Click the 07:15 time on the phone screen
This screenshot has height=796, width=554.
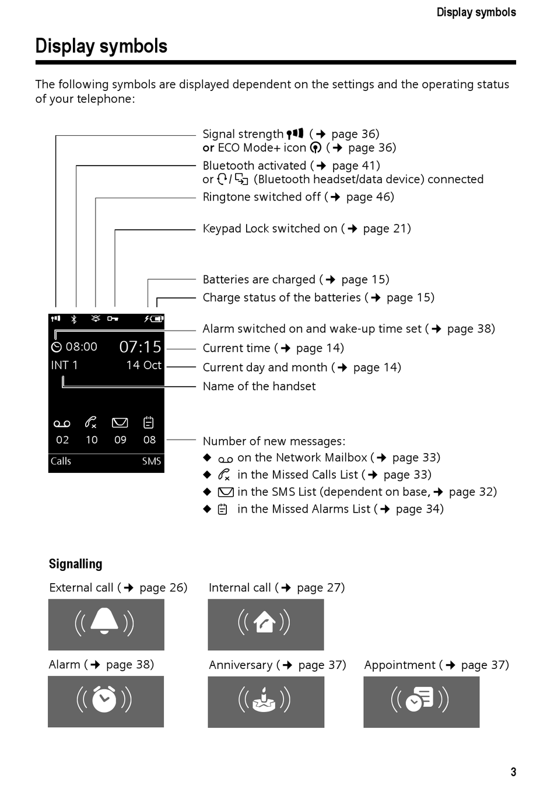pyautogui.click(x=140, y=347)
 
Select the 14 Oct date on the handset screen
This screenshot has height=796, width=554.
pyautogui.click(x=143, y=365)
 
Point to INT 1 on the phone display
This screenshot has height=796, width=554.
pyautogui.click(x=64, y=365)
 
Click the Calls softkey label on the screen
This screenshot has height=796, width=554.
pyautogui.click(x=61, y=461)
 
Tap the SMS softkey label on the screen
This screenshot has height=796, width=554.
pyautogui.click(x=151, y=461)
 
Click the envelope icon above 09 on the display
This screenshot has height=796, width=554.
pyautogui.click(x=120, y=423)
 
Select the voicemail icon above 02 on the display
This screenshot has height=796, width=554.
pyautogui.click(x=62, y=423)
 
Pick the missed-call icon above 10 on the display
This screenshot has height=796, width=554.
pyautogui.click(x=91, y=422)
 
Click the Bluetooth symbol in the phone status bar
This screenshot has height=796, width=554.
pyautogui.click(x=74, y=319)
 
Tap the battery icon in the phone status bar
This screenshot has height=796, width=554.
pyautogui.click(x=156, y=319)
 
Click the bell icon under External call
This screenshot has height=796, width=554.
pyautogui.click(x=105, y=621)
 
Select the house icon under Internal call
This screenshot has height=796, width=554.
pyautogui.click(x=265, y=622)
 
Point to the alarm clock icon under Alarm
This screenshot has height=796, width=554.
pyautogui.click(x=104, y=699)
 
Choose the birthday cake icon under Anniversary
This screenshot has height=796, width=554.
pyautogui.click(x=264, y=700)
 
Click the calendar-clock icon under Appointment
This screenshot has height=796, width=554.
pyautogui.click(x=420, y=699)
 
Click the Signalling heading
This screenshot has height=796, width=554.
pyautogui.click(x=75, y=564)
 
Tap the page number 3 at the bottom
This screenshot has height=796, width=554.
pyautogui.click(x=513, y=772)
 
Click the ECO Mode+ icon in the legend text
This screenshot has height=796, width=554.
pyautogui.click(x=315, y=148)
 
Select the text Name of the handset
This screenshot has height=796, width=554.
pyautogui.click(x=259, y=386)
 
